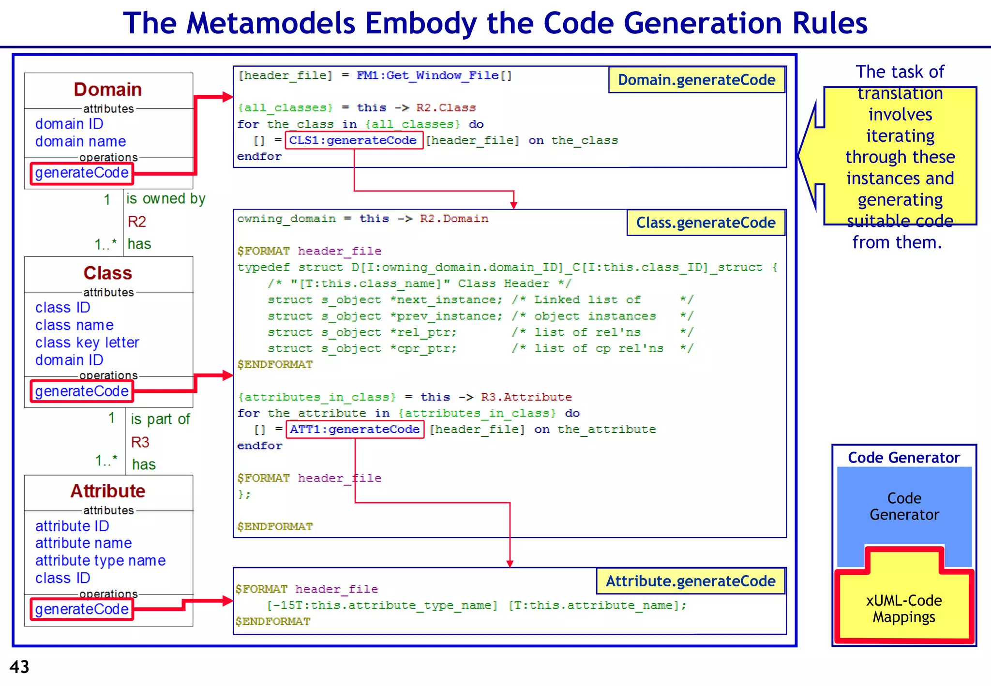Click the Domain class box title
coord(107,89)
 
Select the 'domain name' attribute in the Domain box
coord(80,141)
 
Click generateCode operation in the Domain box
coord(82,173)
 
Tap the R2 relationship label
coord(136,222)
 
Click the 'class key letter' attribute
coord(87,343)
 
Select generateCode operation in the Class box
coord(82,391)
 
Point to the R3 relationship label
coord(140,442)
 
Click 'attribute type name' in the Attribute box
coord(100,560)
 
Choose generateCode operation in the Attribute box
coord(82,609)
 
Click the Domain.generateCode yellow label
coord(696,80)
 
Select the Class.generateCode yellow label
coord(706,223)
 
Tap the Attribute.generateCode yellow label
coord(691,581)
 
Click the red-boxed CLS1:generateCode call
coord(353,140)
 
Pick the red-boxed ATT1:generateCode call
coord(355,429)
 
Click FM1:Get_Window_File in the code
coord(428,75)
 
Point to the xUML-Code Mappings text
coord(903,609)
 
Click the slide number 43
coord(19,667)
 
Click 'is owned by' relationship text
coord(165,199)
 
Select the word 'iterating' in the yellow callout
coord(900,136)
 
